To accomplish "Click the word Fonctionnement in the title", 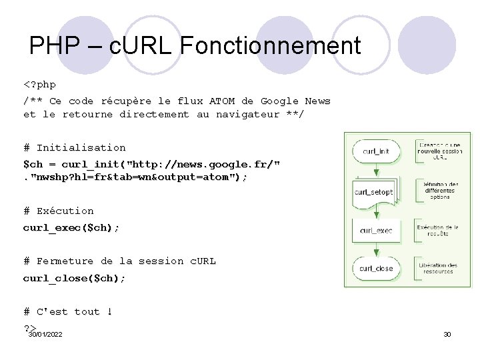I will (270, 45).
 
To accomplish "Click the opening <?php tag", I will (39, 85).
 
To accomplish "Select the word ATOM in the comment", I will (222, 101).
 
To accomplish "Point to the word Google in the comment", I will (279, 101).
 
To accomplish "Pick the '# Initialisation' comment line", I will (74, 147).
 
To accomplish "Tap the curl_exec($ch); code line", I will (71, 227).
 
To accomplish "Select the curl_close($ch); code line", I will (74, 277).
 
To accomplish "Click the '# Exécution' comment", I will (59, 211).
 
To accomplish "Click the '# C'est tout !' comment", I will (67, 311).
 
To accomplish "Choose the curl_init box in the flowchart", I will (376, 151).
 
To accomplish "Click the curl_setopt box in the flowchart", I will (374, 192).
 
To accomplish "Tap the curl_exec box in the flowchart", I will (376, 231).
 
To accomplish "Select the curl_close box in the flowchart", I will (376, 269).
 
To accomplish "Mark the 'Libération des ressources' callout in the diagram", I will (437, 268).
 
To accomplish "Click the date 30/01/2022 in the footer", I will (45, 333).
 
